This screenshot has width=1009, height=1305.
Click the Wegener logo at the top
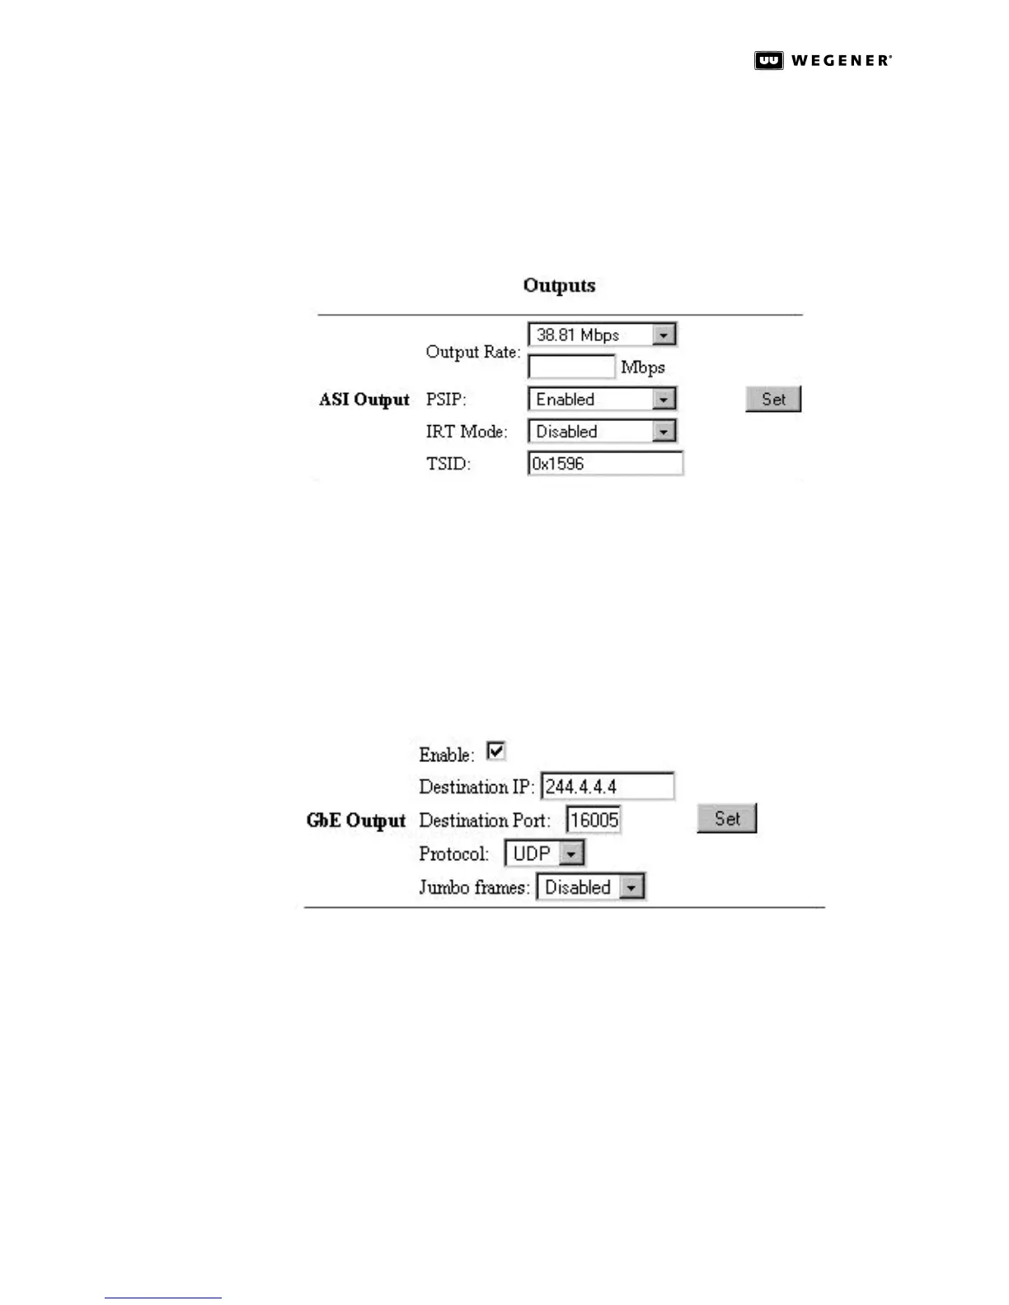(822, 60)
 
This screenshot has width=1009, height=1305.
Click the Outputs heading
(559, 286)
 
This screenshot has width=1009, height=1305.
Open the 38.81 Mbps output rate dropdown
(602, 334)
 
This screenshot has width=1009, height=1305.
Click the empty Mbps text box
(571, 367)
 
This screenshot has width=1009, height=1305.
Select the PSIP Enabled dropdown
(602, 400)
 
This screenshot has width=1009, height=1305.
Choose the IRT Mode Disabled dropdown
(602, 432)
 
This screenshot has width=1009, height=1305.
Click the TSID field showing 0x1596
(605, 464)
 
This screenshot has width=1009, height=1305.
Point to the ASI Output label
(364, 400)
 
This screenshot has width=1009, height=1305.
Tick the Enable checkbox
(495, 751)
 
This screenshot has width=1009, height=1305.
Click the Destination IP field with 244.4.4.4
(608, 787)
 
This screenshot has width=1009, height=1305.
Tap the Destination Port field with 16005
(594, 820)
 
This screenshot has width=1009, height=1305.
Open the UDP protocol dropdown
(544, 854)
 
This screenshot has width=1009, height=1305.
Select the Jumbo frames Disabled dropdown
(590, 887)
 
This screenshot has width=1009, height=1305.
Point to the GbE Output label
(356, 821)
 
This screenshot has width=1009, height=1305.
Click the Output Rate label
(472, 352)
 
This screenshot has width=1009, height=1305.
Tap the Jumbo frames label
(474, 887)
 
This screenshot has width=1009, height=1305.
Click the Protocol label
(453, 854)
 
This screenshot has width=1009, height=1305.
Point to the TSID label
(448, 464)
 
